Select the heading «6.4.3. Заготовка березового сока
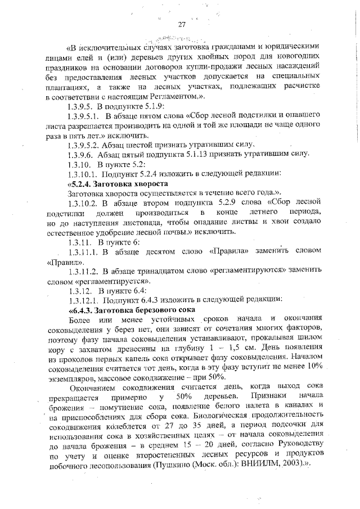[x=131, y=309]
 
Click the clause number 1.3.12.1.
[x=84, y=300]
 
